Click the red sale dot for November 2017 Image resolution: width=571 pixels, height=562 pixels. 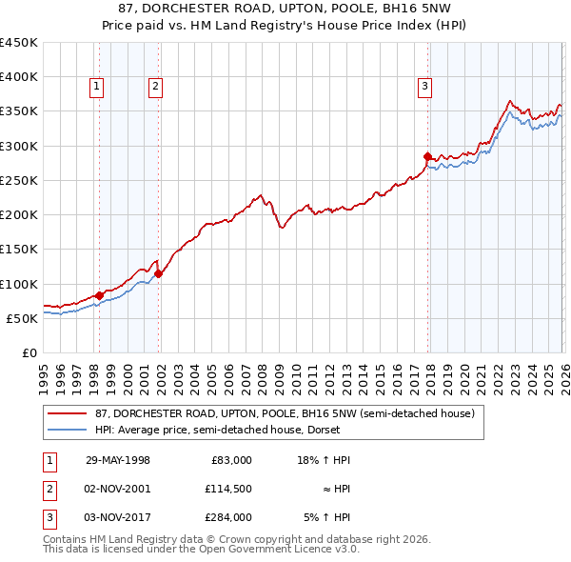pos(427,156)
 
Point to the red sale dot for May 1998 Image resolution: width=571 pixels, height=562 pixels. pos(100,295)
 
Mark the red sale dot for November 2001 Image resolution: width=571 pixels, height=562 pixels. pos(158,273)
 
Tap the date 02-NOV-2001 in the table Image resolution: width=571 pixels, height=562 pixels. pos(119,489)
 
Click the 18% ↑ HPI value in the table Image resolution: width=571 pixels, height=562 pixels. pos(325,460)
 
